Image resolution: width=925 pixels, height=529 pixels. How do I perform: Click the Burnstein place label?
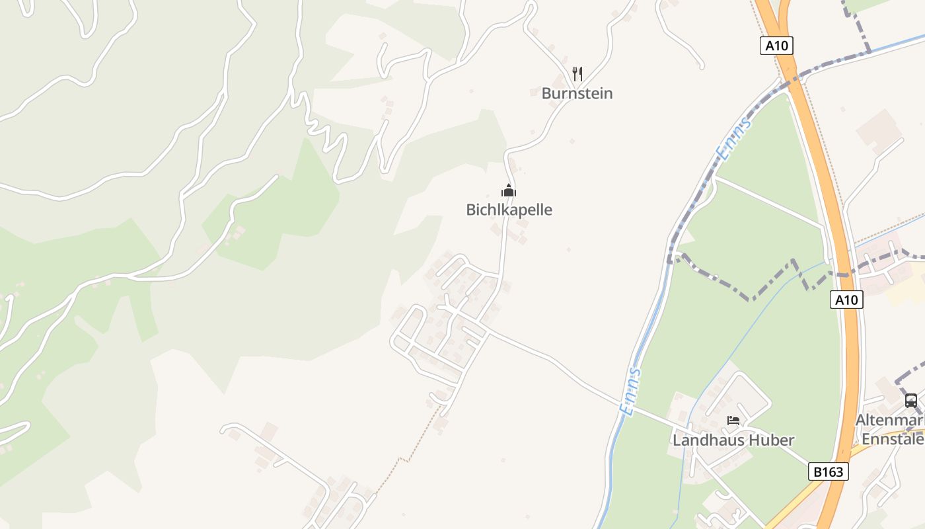tap(577, 93)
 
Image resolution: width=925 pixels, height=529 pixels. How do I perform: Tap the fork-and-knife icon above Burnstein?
tap(577, 73)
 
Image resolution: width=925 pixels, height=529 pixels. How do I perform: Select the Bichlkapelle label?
tap(509, 210)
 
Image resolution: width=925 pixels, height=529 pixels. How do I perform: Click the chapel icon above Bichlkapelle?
tap(508, 191)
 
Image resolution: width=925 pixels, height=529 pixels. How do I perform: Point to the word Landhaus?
tap(704, 440)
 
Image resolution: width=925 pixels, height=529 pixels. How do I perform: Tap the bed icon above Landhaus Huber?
tap(733, 420)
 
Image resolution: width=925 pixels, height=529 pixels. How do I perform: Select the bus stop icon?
tap(910, 400)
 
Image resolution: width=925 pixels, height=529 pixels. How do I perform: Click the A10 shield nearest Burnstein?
tap(776, 46)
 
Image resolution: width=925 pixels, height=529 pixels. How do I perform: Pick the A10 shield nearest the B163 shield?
tap(846, 300)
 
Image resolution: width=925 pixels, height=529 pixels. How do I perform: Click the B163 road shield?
tap(828, 471)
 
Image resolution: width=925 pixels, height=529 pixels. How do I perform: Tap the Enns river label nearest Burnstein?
tap(734, 139)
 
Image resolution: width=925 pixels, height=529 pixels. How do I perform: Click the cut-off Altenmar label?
tap(889, 421)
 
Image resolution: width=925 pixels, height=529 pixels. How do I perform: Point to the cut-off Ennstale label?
tap(892, 439)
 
